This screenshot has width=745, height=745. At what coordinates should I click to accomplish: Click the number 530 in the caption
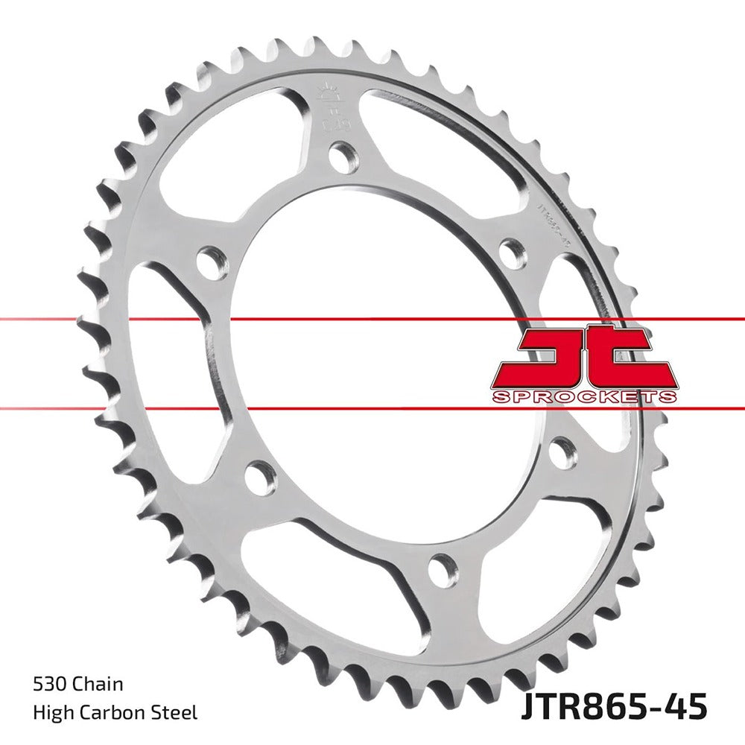(x=48, y=684)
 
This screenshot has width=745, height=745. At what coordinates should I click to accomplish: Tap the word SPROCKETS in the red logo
(x=584, y=396)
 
